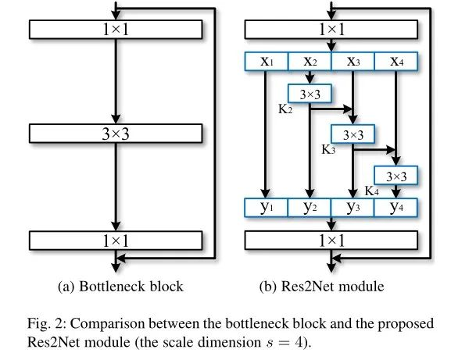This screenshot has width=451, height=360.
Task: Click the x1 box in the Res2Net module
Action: tap(267, 61)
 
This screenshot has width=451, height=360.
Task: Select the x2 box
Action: tap(310, 61)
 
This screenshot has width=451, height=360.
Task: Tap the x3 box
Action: tap(353, 61)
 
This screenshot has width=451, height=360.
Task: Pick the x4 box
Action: tap(396, 61)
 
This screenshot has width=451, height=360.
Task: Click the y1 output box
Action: tap(267, 208)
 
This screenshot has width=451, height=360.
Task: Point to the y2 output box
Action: tap(310, 208)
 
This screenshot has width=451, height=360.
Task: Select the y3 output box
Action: tap(353, 208)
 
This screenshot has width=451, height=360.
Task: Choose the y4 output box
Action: tap(396, 208)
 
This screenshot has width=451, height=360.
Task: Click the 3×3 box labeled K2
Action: tap(310, 93)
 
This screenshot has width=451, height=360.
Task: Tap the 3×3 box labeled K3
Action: tap(353, 134)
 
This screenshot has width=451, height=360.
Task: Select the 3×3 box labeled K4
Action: tap(396, 176)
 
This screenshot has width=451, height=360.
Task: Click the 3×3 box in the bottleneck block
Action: tap(115, 134)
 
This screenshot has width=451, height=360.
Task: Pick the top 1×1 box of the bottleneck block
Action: tap(115, 29)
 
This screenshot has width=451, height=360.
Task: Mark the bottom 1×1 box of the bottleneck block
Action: tap(115, 240)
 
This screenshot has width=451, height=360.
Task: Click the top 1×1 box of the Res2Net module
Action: tap(332, 29)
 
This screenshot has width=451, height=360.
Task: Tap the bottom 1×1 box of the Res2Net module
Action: tap(332, 240)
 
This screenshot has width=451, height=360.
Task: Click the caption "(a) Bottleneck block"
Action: tap(120, 287)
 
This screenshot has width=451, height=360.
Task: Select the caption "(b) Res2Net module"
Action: tap(321, 287)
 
